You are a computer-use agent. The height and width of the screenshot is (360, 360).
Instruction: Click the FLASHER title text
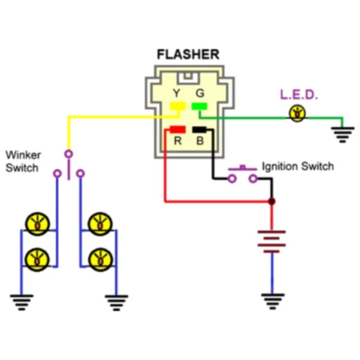click(x=188, y=54)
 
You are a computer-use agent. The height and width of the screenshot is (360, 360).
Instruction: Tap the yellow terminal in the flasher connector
click(x=177, y=107)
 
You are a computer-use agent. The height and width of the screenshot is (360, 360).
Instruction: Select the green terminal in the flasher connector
click(x=200, y=107)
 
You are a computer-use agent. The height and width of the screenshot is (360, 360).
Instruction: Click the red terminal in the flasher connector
click(x=177, y=129)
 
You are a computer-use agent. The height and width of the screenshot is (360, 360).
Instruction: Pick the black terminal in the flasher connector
click(x=200, y=129)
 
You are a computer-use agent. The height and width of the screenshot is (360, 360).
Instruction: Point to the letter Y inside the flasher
click(x=177, y=93)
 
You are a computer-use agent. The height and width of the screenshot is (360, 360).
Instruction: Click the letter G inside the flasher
click(x=200, y=93)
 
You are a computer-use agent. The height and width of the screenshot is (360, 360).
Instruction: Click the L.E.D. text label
click(x=298, y=94)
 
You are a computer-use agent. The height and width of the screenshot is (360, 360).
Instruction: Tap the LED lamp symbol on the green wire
click(x=298, y=114)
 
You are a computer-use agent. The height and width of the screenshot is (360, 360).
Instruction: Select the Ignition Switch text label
click(x=298, y=167)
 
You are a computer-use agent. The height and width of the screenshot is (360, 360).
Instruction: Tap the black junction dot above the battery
click(x=271, y=201)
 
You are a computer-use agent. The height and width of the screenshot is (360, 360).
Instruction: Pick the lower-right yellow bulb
click(x=100, y=258)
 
